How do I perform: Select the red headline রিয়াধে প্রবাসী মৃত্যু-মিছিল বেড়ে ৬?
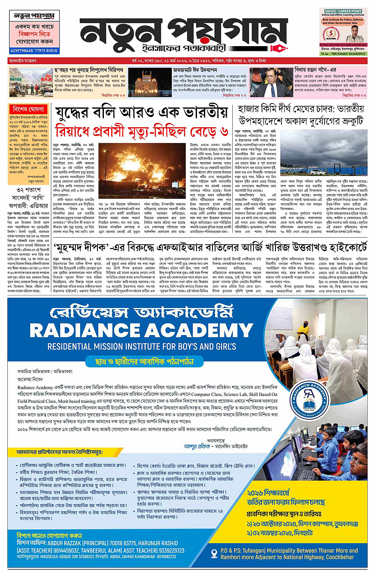142,130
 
